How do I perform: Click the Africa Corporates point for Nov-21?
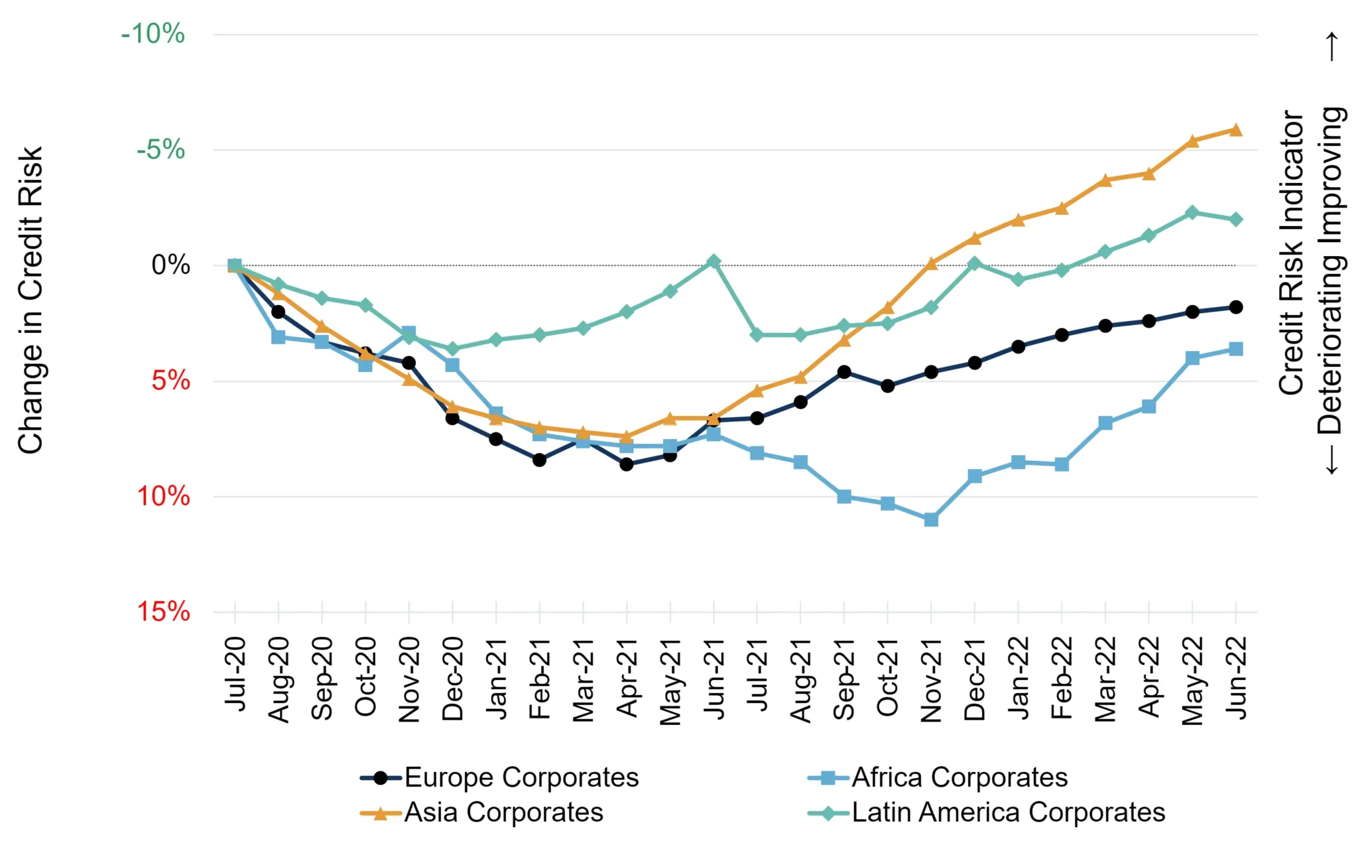coord(931,519)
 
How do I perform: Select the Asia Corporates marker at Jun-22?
coord(1236,129)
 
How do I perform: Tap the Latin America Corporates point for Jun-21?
coord(713,261)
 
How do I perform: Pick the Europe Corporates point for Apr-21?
coord(627,464)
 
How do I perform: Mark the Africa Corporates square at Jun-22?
coord(1236,349)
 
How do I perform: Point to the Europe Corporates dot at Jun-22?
coord(1236,307)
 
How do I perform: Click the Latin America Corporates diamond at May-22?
coord(1192,212)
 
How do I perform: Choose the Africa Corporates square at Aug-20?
coord(278,337)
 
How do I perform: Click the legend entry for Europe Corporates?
coord(500,777)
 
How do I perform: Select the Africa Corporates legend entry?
coord(938,777)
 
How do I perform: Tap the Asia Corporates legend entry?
coord(482,813)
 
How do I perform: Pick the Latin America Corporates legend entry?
coord(987,813)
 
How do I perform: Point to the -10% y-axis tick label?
coord(153,34)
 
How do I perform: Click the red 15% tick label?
coord(164,612)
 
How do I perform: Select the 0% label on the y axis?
coord(171,265)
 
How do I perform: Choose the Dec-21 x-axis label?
coord(975,679)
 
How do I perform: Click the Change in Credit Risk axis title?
coord(31,300)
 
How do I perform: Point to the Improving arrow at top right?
coord(1331,46)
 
